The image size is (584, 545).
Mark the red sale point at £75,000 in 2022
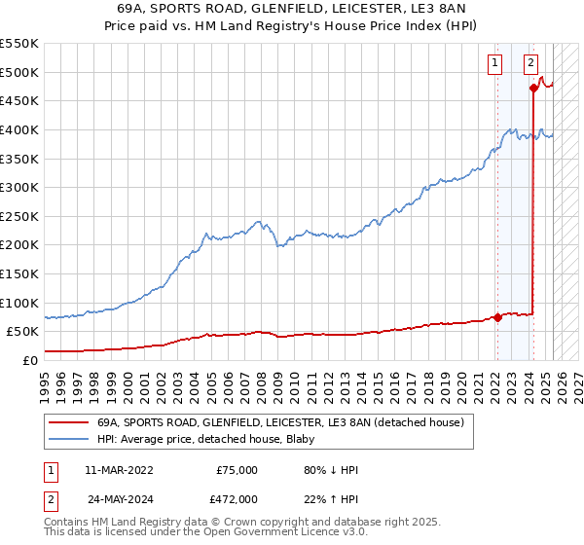click(x=497, y=316)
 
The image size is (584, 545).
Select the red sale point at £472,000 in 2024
click(x=534, y=88)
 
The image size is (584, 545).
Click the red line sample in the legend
click(x=69, y=422)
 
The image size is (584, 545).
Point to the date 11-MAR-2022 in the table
click(x=118, y=470)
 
